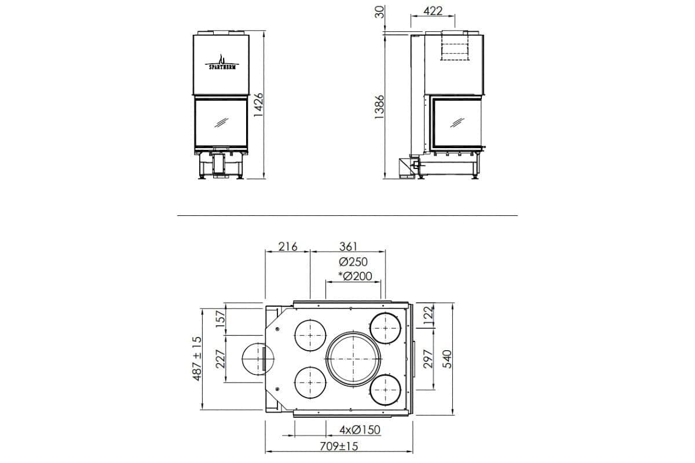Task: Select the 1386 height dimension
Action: click(379, 106)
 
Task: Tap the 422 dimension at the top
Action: click(433, 11)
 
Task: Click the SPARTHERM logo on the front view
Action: click(222, 63)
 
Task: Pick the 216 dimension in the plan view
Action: click(287, 247)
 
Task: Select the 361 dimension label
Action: click(349, 247)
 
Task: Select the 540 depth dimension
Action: click(447, 359)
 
